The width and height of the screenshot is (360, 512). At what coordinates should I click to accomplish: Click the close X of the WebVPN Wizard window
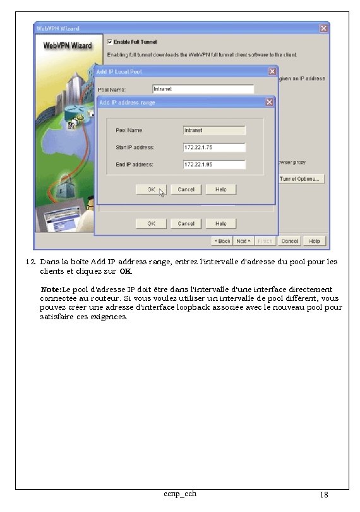tap(323, 28)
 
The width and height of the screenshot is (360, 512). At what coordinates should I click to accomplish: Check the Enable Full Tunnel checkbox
tap(111, 42)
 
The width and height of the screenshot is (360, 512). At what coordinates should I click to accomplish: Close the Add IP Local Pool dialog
tap(272, 71)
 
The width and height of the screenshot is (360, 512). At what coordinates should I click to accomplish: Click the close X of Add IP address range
tap(269, 102)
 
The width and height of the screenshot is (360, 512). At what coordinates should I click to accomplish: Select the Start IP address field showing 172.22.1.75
tap(213, 147)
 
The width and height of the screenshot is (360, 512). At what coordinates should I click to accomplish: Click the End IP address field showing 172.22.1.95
tap(213, 164)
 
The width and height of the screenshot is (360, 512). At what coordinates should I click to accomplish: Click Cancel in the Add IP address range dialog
tap(186, 190)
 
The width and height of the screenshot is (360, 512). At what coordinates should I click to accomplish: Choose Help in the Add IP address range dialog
tap(220, 190)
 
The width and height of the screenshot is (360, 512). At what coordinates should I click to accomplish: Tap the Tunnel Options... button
tap(301, 179)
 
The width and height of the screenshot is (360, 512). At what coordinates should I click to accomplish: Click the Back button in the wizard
tap(222, 241)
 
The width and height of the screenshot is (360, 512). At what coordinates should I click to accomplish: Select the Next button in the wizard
tap(243, 241)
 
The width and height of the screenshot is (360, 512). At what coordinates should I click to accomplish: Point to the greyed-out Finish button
tap(265, 241)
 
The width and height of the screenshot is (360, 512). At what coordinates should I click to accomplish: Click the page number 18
tap(323, 495)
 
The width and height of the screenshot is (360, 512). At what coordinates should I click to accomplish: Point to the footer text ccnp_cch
tap(179, 493)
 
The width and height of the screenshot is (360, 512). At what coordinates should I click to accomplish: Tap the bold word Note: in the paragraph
tap(51, 289)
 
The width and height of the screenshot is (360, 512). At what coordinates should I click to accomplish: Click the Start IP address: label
tap(135, 147)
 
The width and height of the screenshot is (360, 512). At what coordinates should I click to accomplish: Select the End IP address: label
tap(134, 164)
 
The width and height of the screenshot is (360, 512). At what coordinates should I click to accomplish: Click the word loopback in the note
tap(222, 307)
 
